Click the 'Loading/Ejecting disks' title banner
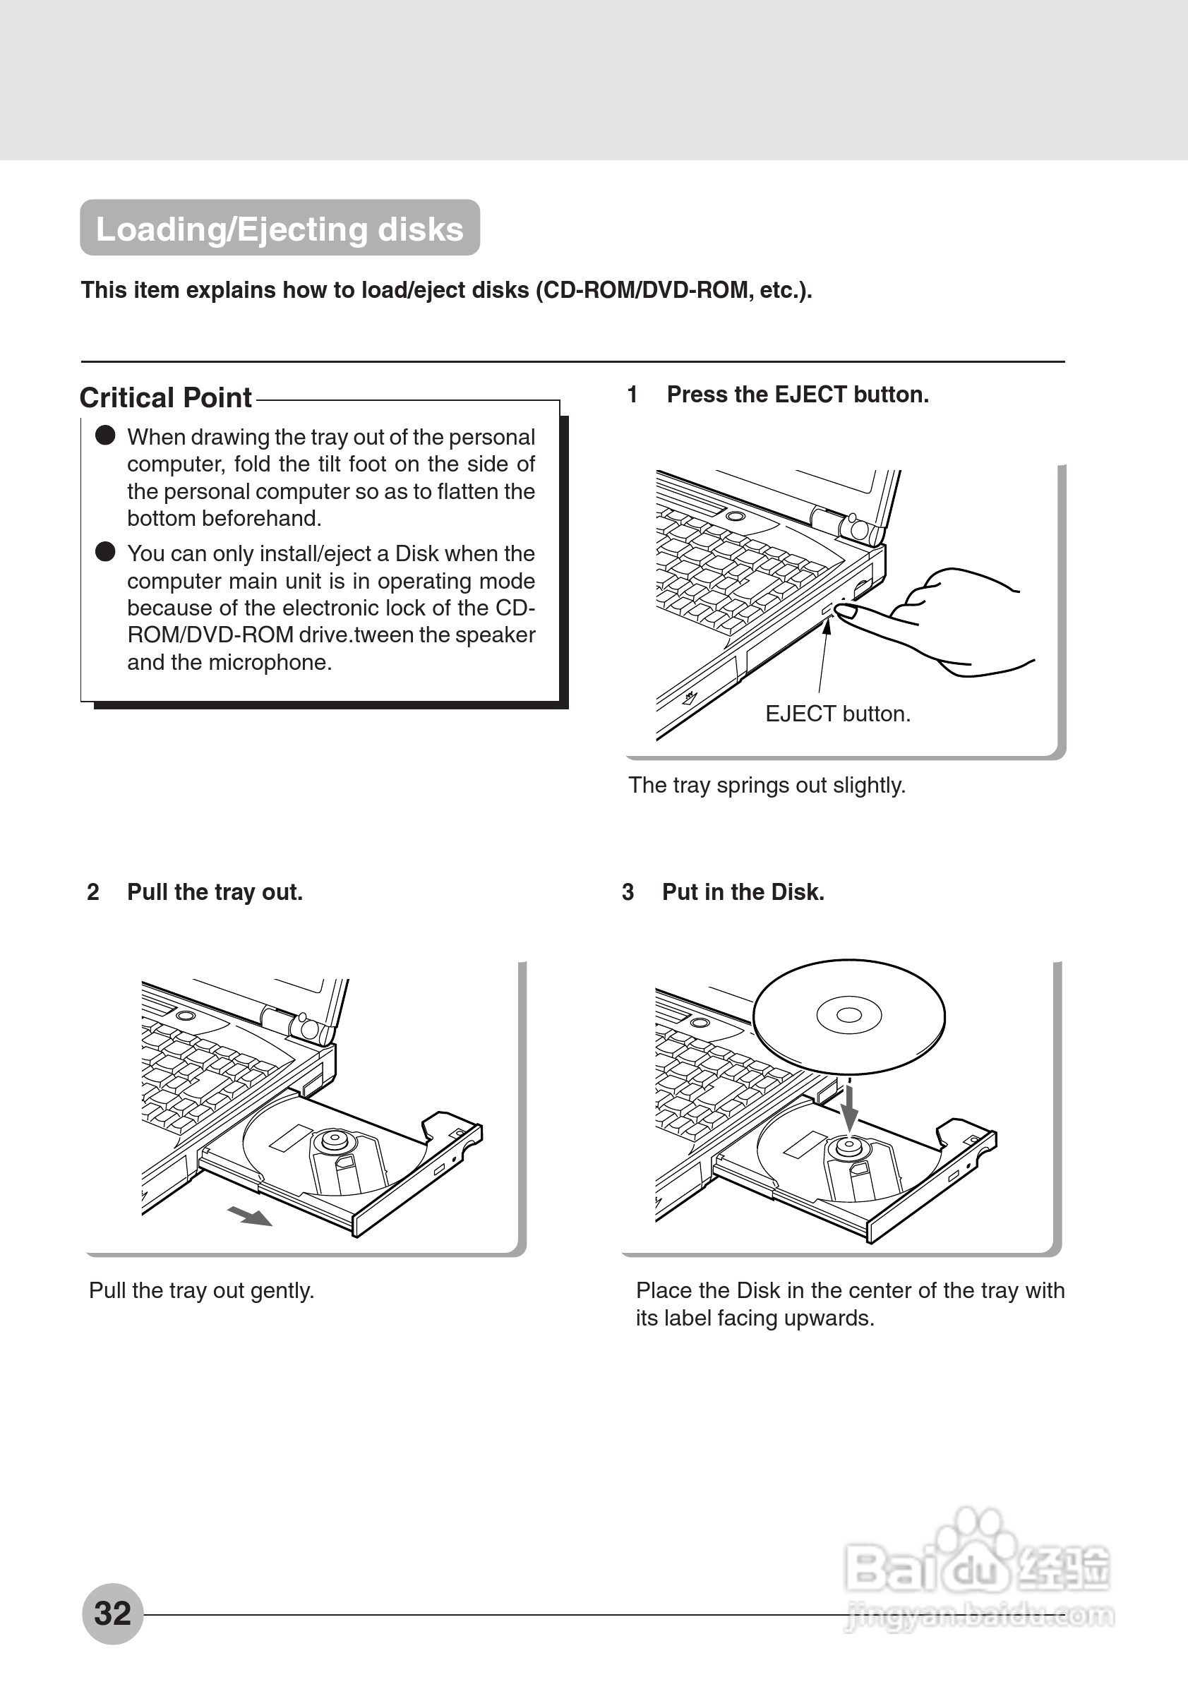[280, 229]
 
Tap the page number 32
[112, 1613]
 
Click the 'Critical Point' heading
[165, 398]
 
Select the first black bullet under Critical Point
[105, 435]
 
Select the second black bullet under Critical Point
[105, 552]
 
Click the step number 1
[632, 395]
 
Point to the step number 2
[93, 892]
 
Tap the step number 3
[628, 892]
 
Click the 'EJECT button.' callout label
[837, 714]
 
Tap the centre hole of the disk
[849, 1014]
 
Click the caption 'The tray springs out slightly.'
[767, 786]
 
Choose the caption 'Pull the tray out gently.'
[201, 1291]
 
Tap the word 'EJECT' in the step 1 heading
[810, 395]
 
